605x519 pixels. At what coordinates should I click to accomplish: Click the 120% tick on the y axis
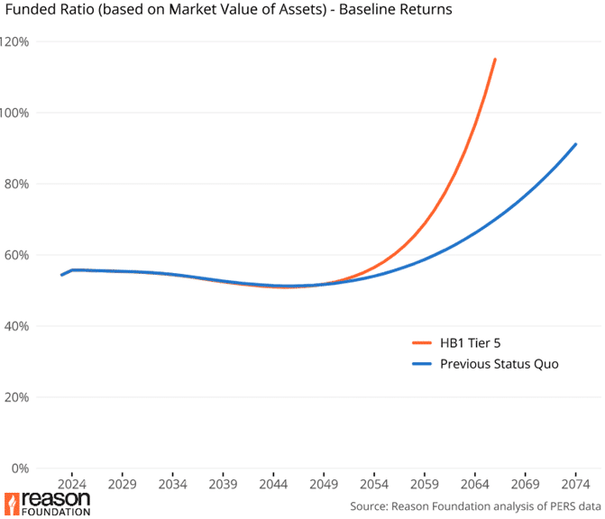click(15, 41)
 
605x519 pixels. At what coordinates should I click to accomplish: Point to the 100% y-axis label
click(15, 113)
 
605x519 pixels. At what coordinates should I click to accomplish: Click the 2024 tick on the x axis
click(72, 483)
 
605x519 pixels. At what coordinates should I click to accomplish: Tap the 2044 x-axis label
click(273, 483)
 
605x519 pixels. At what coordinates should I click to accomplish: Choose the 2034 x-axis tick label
click(173, 483)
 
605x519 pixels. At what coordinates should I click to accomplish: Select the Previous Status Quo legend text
click(500, 364)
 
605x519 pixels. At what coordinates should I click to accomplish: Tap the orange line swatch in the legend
click(422, 342)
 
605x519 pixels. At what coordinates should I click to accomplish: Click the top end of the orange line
click(495, 59)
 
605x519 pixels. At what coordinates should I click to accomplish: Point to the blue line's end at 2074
click(575, 144)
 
